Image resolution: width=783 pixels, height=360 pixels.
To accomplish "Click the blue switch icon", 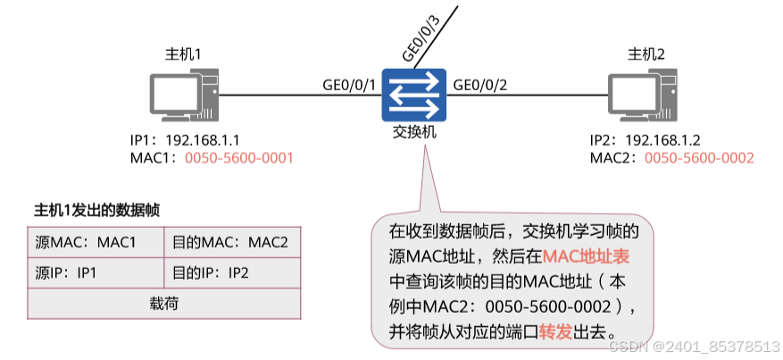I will (412, 96).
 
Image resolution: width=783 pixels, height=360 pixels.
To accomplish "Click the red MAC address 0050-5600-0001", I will (239, 157).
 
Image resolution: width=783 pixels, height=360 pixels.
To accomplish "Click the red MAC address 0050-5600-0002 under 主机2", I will (699, 157).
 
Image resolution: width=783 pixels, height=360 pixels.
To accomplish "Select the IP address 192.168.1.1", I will (204, 140).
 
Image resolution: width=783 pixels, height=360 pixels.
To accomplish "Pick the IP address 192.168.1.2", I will (663, 140).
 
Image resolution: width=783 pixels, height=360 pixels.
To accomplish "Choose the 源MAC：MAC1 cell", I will (95, 242).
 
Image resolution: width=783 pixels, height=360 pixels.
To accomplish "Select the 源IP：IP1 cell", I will (95, 272).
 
